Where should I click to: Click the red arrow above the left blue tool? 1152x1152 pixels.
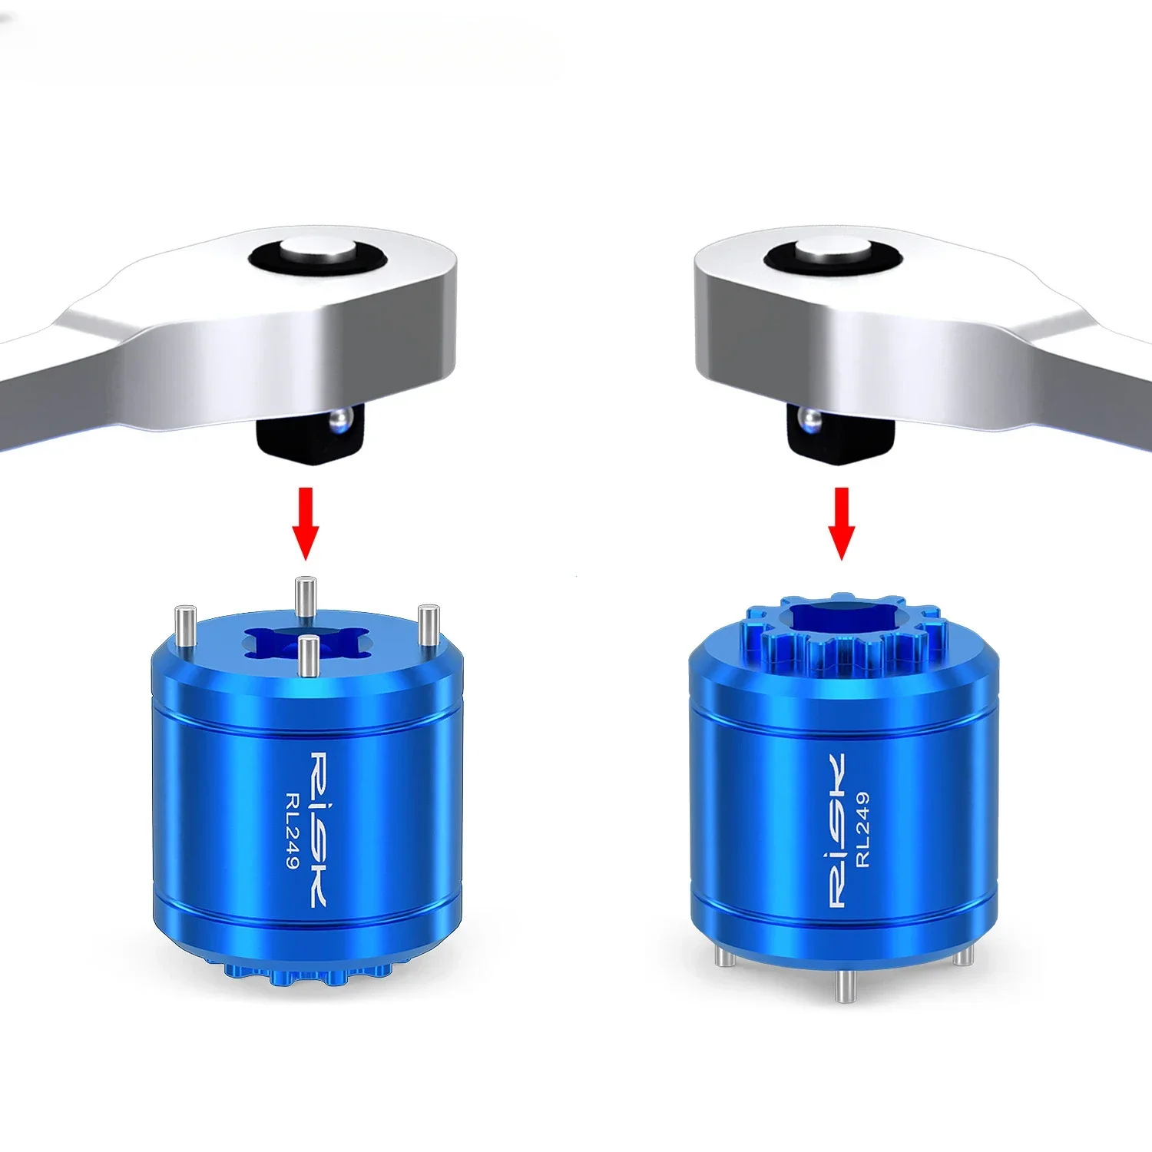pos(306,522)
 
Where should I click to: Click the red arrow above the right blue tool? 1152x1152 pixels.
pos(842,522)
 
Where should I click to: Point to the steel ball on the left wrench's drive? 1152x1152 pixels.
pos(338,419)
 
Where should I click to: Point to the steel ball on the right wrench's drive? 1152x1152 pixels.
pos(809,419)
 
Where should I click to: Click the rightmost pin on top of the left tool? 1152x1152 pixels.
pos(428,624)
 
